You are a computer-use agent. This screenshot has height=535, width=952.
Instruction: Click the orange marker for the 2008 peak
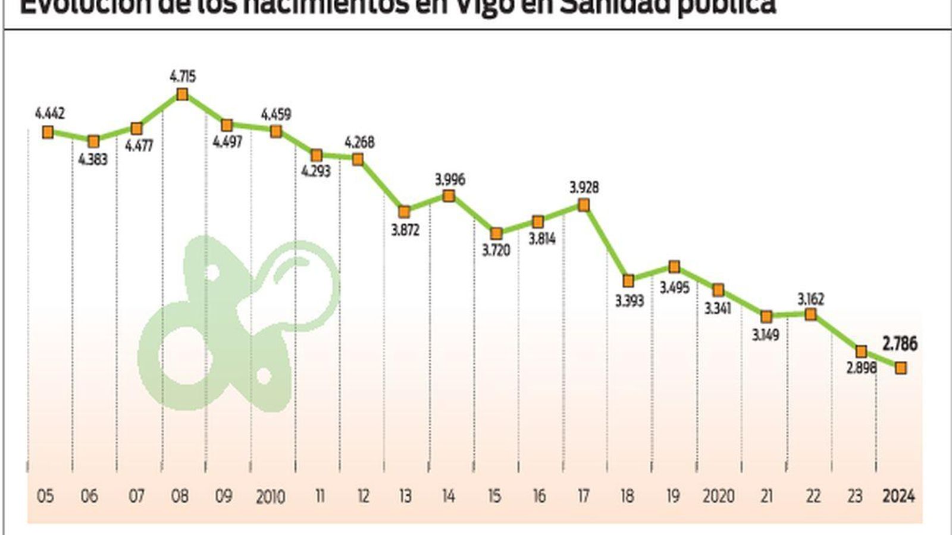tap(183, 94)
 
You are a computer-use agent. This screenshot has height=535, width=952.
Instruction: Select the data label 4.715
tap(183, 77)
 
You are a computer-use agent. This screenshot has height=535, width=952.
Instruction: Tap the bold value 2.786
tap(900, 344)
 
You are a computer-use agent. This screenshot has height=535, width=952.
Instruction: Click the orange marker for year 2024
tap(901, 368)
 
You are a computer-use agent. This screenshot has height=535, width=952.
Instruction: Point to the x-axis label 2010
tap(270, 496)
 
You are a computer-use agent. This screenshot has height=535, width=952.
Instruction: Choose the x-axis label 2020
tap(718, 496)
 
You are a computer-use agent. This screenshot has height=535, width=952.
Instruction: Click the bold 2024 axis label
tap(898, 496)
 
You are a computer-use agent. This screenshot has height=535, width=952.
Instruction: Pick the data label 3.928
tap(584, 188)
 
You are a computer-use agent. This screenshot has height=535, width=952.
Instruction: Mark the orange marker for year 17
tap(584, 205)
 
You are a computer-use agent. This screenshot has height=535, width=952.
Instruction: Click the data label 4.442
tap(50, 114)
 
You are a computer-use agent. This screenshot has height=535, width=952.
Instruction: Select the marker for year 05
tap(48, 132)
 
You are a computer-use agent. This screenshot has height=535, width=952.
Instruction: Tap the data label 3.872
tap(405, 229)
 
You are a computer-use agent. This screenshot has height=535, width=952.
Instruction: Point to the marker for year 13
tap(405, 212)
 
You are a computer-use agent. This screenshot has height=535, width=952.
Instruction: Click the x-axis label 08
tap(180, 496)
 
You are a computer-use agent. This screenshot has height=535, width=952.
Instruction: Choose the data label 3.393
tap(630, 301)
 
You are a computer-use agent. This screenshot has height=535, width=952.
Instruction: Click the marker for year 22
tap(810, 314)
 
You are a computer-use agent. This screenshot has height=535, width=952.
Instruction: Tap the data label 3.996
tap(450, 179)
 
